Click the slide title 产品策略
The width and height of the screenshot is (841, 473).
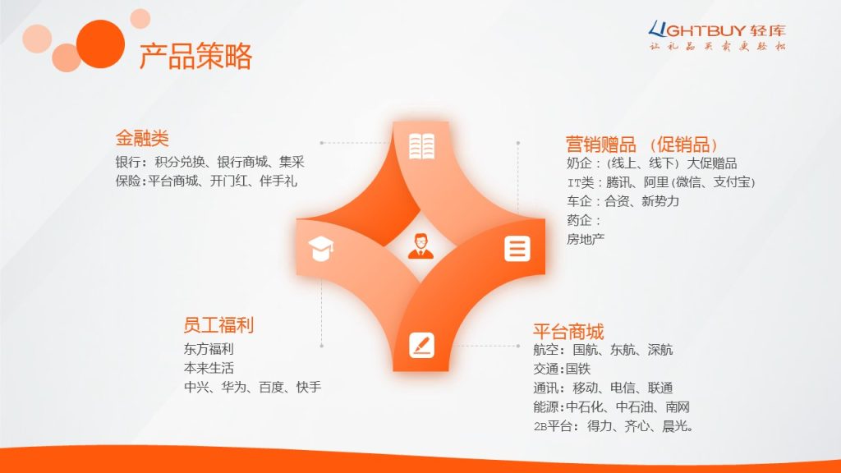195,56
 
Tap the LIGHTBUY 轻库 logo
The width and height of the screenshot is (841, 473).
717,36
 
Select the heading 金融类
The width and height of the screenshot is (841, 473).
142,138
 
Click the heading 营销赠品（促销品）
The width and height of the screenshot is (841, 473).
642,145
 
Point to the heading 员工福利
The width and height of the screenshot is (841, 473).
218,325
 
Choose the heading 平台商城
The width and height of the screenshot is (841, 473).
568,332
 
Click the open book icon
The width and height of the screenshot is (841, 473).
421,146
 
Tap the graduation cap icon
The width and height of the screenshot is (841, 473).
321,249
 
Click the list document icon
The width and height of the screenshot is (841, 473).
517,249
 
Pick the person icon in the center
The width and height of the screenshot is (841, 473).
421,246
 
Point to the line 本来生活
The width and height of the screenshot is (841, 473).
209,369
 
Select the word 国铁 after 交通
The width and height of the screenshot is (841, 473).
578,369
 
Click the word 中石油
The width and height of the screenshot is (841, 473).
634,407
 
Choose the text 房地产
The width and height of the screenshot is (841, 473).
586,239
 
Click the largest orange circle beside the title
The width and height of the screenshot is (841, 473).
100,44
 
